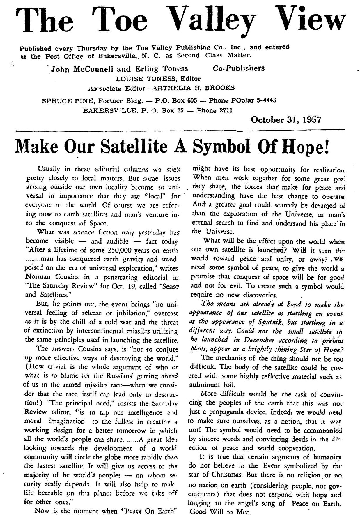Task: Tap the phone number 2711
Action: click(224, 111)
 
